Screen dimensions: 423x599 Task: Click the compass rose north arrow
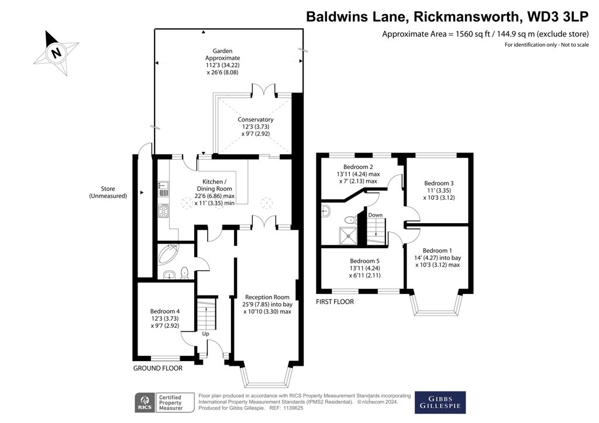click(x=56, y=52)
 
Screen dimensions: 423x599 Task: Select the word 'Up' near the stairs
click(x=205, y=334)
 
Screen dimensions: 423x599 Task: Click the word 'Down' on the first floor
click(x=375, y=215)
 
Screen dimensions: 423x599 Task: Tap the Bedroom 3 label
click(x=439, y=190)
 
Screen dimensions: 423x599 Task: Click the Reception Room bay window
click(x=266, y=377)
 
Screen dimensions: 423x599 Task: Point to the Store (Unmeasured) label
click(x=108, y=193)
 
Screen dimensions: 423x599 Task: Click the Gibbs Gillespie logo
click(x=440, y=401)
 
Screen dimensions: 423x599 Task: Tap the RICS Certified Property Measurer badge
click(x=165, y=402)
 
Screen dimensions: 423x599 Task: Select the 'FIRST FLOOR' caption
click(x=335, y=301)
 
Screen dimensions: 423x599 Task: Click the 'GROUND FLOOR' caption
click(x=158, y=369)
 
